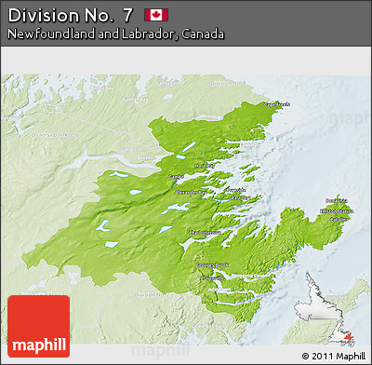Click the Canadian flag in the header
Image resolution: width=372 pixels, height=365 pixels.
pos(155,15)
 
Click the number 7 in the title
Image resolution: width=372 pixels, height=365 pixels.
pos(126,15)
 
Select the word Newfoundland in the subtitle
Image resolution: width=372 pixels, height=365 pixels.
pos(45,34)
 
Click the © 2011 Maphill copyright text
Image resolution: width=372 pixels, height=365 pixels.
pos(333,356)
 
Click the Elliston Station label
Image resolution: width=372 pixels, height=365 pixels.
pos(336,212)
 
